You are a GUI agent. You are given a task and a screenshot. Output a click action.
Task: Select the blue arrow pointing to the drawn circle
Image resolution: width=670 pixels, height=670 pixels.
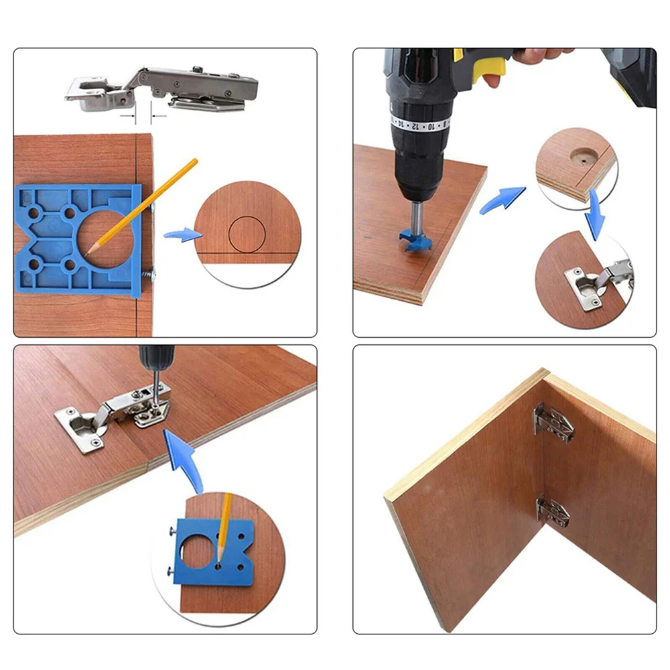[182, 234]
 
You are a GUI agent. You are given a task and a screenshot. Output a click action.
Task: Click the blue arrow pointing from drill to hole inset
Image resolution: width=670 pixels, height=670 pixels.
[502, 200]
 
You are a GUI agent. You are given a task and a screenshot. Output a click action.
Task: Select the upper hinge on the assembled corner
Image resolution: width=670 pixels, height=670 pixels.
[553, 423]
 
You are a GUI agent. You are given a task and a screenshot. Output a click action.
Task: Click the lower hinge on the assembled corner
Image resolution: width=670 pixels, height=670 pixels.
[553, 512]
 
